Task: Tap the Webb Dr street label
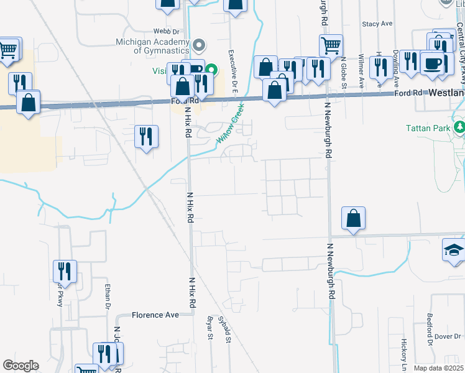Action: pos(167,30)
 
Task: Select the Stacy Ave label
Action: pos(377,24)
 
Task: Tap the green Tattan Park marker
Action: pos(459,128)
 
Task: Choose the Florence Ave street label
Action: pos(155,315)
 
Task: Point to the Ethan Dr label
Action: pos(107,295)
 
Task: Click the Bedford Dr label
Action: pos(430,333)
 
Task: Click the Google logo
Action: pos(21,366)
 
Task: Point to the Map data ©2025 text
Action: pos(438,368)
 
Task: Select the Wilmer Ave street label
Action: pos(361,69)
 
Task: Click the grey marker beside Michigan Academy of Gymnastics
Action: pos(199,45)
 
